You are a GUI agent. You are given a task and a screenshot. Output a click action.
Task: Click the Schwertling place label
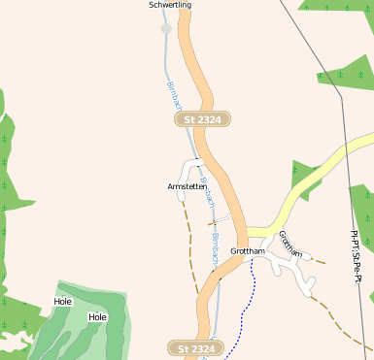pos(170,6)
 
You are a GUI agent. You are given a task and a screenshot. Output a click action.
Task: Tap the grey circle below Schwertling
pos(166,29)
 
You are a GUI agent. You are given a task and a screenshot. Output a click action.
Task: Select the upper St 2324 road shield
pos(201,119)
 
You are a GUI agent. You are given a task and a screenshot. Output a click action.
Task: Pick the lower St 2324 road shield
pos(196,347)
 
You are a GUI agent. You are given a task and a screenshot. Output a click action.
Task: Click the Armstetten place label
pos(187,186)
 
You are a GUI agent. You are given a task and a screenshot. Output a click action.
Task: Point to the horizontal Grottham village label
pos(248,251)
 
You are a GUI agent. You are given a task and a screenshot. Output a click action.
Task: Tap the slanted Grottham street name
pos(290,244)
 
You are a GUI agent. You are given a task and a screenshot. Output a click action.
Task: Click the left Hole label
pos(63,302)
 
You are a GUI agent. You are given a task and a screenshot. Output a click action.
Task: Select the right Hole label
pos(97,317)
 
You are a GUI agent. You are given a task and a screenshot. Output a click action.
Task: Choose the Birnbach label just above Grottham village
pos(214,233)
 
